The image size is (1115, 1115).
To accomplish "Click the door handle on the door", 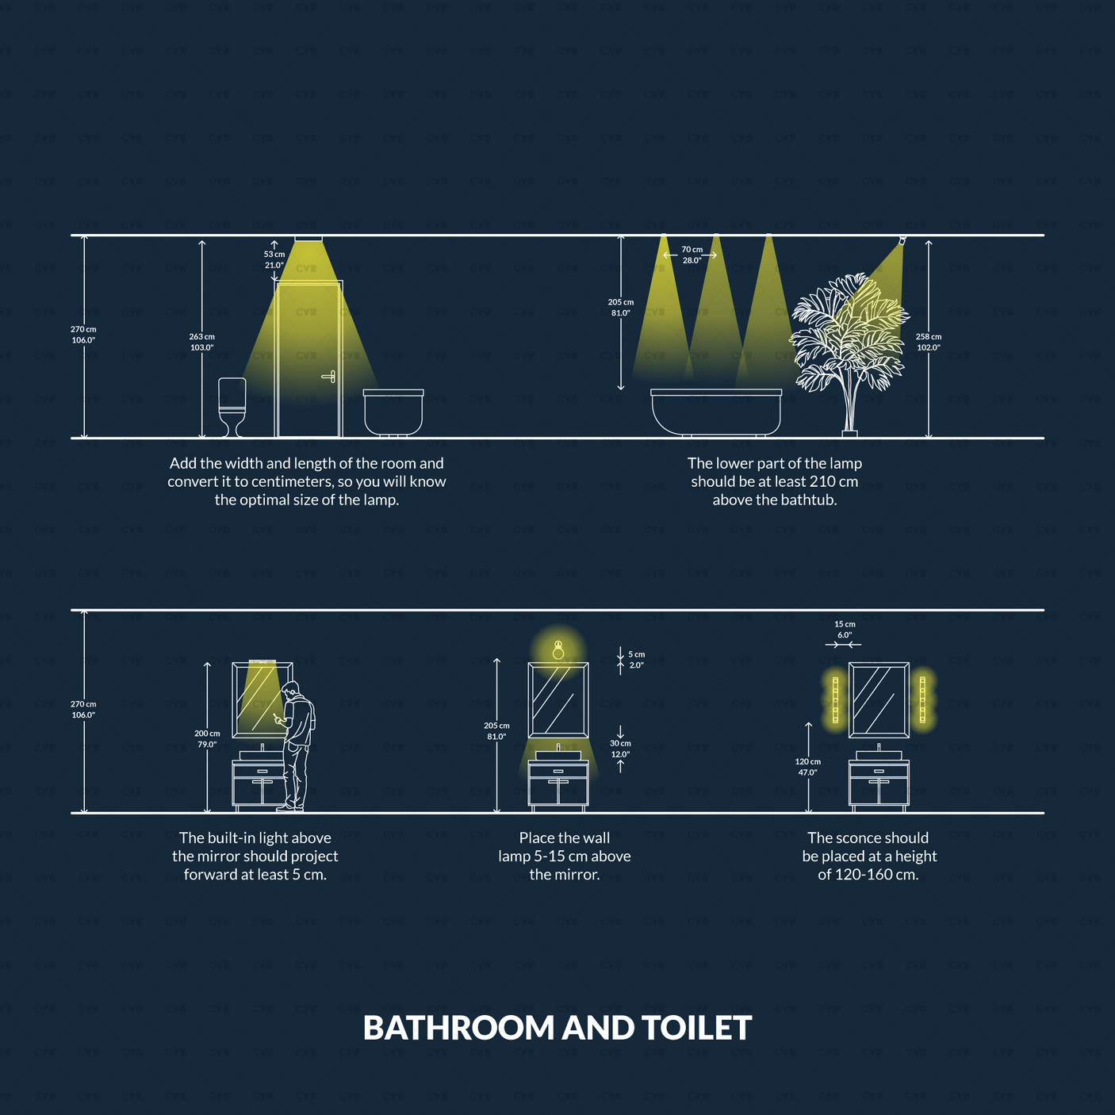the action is point(329,377).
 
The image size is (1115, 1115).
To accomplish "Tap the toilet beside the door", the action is point(232,407).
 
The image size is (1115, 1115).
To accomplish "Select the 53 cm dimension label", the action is point(274,259).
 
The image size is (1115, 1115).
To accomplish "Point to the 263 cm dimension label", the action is point(202,341).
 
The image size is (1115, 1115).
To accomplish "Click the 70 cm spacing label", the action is point(692,255).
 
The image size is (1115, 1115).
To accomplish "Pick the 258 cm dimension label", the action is point(929,341).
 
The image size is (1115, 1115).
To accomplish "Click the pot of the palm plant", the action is point(849,433).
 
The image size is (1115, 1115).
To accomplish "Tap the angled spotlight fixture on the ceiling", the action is point(902,239).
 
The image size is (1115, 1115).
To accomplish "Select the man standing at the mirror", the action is point(297,746).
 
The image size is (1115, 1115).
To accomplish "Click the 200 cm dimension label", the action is point(207,738).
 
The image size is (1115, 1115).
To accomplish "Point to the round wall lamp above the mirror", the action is point(558,649).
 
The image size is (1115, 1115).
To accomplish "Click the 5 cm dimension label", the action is point(637,660).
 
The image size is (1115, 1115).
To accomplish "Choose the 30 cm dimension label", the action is point(620,748).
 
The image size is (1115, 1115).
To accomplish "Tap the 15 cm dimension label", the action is point(845,629).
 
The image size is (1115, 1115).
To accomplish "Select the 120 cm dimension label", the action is point(808,767).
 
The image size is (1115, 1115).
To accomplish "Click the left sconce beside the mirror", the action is point(835,699).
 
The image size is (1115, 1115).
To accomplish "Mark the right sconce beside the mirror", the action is point(922,699).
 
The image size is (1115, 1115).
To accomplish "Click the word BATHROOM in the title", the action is point(459,1029).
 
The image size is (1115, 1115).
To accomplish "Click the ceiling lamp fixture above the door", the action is point(308,239).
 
